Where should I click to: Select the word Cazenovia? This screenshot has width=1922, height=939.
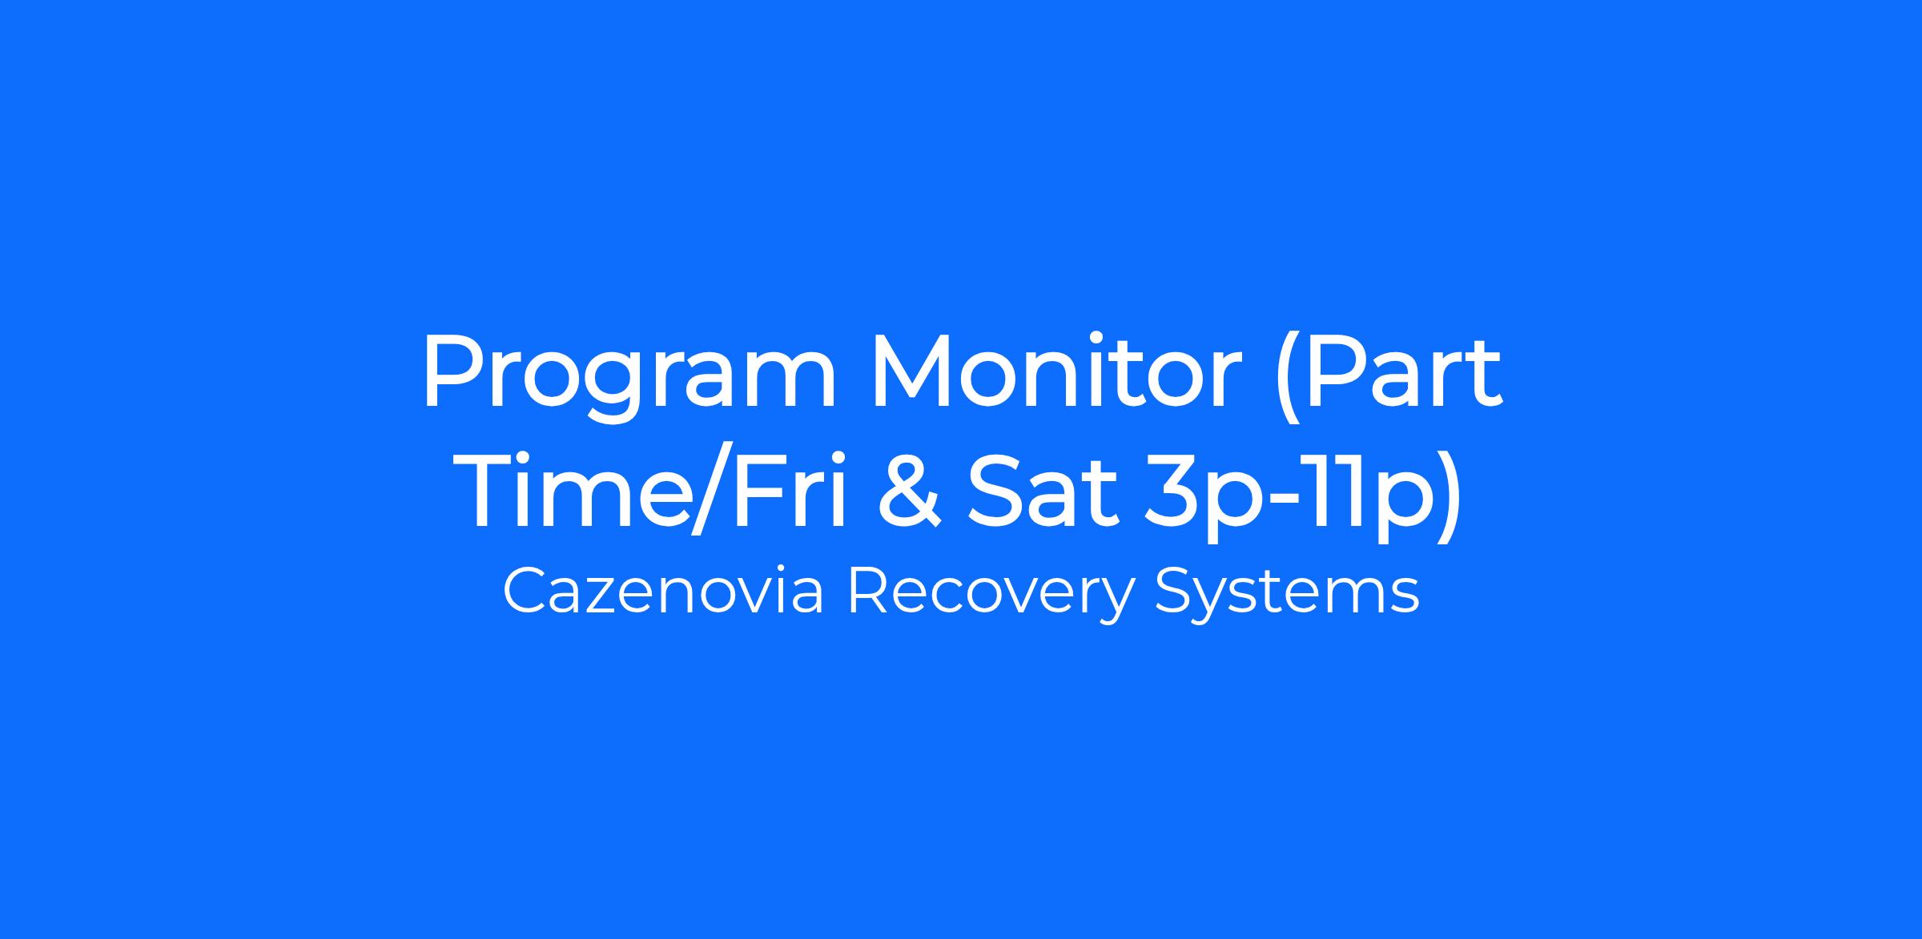[x=663, y=592]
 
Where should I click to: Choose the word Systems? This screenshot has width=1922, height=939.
[x=1287, y=596]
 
